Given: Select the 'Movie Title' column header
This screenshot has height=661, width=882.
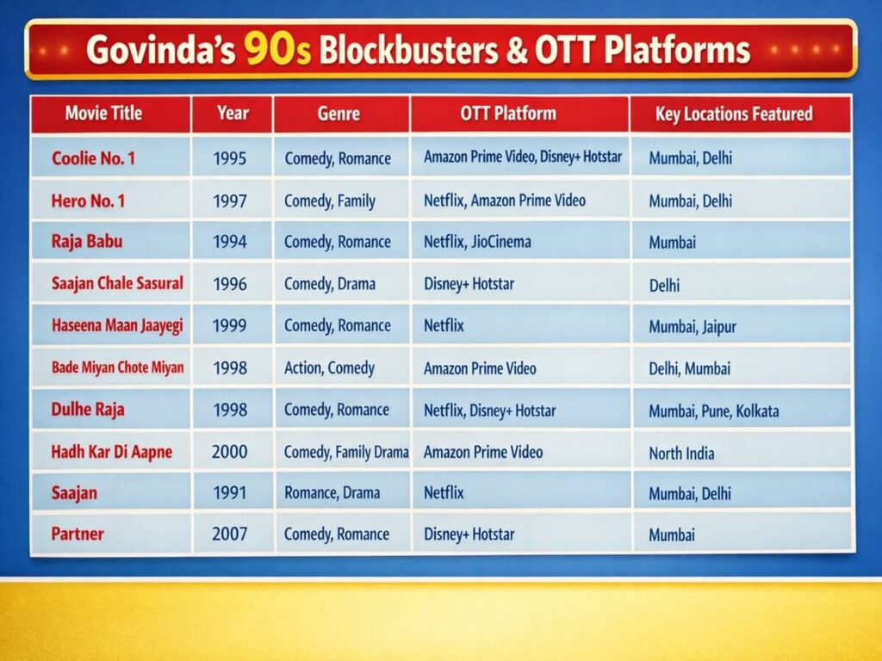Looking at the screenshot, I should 103,114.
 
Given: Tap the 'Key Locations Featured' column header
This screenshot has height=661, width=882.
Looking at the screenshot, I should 733,114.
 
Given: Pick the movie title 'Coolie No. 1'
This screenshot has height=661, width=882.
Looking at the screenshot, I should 93,158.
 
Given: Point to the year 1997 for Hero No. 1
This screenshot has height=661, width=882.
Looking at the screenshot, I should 229,201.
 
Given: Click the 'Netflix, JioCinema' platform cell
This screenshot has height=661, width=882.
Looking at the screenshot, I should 476,242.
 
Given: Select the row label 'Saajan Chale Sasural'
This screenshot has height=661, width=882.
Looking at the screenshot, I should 117,283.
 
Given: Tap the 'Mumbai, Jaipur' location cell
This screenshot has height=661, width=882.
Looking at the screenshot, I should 692,327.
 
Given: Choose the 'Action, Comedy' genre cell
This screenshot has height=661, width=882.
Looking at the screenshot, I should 329,368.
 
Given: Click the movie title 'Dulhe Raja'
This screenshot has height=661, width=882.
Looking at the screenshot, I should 88,410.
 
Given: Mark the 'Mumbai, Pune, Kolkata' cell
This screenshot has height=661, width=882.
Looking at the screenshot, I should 713,411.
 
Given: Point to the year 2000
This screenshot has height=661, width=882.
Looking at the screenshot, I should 229,452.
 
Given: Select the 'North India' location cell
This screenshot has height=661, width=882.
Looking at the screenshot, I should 681,453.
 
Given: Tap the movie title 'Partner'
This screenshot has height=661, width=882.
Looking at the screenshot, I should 78,534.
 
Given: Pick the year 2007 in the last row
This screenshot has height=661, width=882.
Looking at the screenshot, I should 229,534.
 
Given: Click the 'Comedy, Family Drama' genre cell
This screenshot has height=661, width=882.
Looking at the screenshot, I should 345,452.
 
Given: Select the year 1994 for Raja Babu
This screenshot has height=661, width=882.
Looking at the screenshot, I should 229,242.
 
